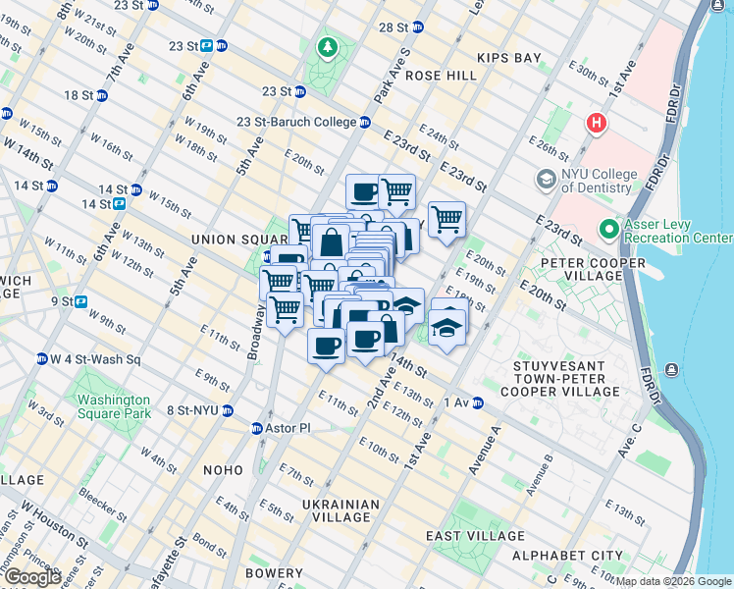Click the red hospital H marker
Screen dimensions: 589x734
[596, 125]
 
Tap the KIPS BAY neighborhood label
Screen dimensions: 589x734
[508, 58]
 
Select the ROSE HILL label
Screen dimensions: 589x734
[435, 76]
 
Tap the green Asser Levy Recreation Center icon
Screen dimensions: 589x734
[609, 230]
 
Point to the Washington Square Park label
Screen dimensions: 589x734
[114, 406]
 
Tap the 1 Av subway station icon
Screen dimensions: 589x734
[478, 402]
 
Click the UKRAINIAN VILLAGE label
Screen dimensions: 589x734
[340, 511]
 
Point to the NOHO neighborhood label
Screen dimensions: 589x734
[222, 470]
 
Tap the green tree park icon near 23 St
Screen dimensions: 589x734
[326, 46]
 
